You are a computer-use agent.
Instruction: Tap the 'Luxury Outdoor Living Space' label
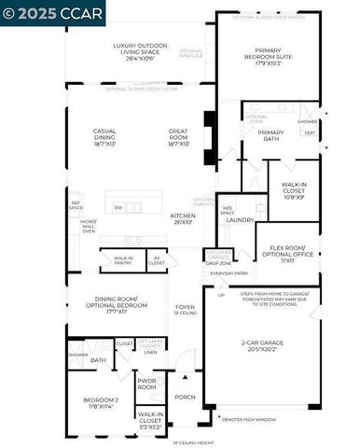[136, 51]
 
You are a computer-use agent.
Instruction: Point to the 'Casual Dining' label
[104, 137]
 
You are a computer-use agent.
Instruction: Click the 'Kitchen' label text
[183, 219]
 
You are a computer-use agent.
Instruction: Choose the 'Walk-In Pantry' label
[123, 262]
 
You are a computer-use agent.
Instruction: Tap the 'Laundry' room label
[240, 220]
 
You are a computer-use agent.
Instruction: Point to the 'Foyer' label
[184, 308]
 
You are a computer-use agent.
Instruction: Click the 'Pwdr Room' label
[147, 383]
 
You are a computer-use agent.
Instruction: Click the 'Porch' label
[184, 397]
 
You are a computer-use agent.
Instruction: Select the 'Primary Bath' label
[270, 136]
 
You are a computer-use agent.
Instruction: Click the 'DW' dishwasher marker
[118, 207]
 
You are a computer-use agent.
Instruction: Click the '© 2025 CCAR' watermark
[52, 12]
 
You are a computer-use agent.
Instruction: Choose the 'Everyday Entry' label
[229, 273]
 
